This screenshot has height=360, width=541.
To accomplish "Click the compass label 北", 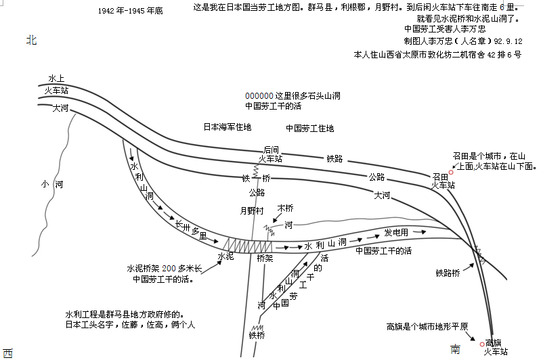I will click(x=31, y=41).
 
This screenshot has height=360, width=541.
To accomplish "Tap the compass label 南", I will click(x=456, y=348).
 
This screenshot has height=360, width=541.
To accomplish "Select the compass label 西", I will click(x=7, y=353).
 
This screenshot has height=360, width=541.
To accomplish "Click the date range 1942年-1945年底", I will click(x=131, y=12).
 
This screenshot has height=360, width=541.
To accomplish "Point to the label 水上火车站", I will click(x=57, y=84).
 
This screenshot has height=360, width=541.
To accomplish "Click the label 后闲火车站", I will click(x=270, y=154).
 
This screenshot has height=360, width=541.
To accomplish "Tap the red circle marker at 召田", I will click(x=452, y=173).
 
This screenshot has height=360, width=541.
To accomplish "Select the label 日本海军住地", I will click(x=228, y=127).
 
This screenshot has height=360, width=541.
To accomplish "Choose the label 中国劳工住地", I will click(x=309, y=128).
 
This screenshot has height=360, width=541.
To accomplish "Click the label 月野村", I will click(x=252, y=210).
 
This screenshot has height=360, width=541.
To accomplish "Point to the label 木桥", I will click(x=286, y=208).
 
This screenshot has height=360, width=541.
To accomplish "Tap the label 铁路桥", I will click(x=448, y=273).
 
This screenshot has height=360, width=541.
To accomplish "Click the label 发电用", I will click(x=396, y=232).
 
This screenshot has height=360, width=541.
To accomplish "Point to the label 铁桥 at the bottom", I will click(x=257, y=335).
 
